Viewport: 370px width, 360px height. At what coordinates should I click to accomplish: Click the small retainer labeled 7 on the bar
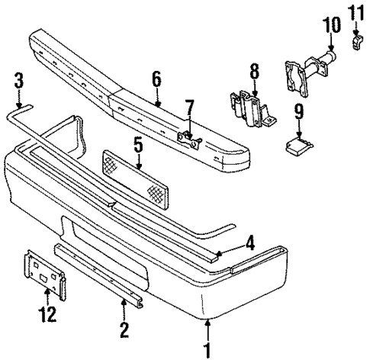[187, 137]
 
